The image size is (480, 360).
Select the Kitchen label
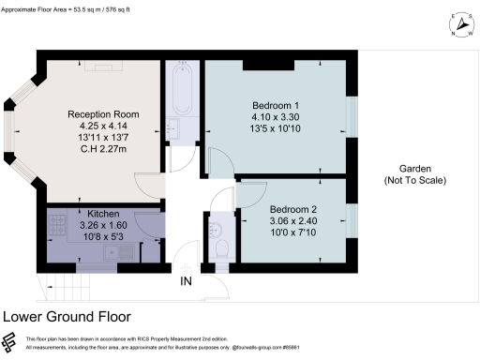(x=103, y=214)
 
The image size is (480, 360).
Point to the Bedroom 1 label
(x=277, y=104)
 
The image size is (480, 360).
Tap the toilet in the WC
(x=219, y=249)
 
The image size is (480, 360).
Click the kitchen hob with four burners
(x=57, y=225)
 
